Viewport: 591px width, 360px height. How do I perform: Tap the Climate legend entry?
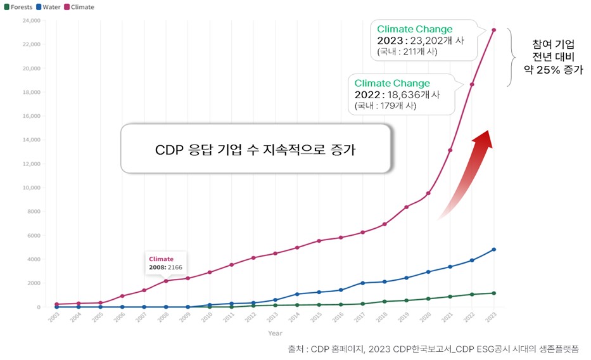[x=79, y=7]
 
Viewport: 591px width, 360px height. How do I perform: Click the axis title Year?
[x=275, y=333]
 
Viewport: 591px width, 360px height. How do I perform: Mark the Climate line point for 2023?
[x=494, y=30]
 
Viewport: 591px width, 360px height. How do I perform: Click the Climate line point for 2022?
[x=472, y=84]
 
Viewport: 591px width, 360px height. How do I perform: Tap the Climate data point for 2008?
[x=166, y=281]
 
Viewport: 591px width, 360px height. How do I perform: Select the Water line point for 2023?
[x=494, y=250]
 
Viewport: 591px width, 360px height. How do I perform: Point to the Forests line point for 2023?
[x=494, y=293]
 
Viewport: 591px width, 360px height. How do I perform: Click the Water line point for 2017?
[x=362, y=283]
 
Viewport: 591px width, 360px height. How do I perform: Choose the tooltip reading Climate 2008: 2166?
[x=165, y=263]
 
